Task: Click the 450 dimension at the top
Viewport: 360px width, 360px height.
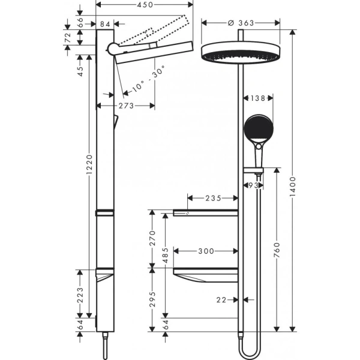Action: click(x=142, y=5)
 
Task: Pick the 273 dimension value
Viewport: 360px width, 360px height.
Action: click(x=125, y=105)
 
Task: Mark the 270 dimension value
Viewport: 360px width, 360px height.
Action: click(x=152, y=239)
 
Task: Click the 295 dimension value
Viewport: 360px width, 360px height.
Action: click(x=152, y=298)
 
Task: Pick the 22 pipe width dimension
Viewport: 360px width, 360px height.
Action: click(x=221, y=299)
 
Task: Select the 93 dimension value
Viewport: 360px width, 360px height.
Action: click(x=253, y=187)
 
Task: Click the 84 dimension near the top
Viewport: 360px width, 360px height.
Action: click(x=106, y=25)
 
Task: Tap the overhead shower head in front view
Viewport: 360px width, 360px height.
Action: click(x=239, y=53)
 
